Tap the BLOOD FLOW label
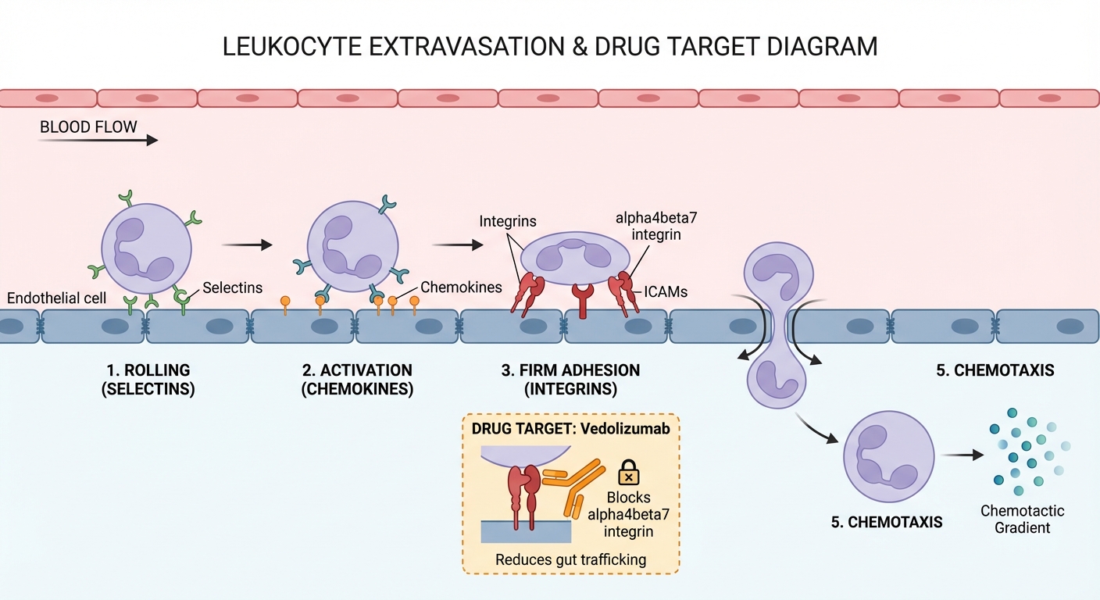[88, 127]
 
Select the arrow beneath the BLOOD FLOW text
[98, 141]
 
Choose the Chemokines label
[461, 287]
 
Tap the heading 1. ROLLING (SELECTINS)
[148, 379]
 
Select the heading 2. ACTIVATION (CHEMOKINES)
[357, 379]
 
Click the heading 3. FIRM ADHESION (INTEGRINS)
[570, 379]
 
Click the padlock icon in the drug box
[629, 473]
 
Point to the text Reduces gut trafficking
[570, 559]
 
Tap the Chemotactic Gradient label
[1022, 520]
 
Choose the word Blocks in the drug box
[628, 498]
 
